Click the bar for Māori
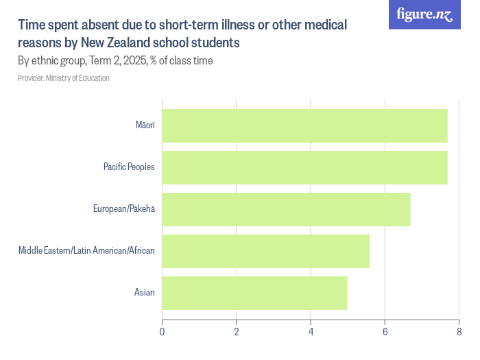pyautogui.click(x=304, y=125)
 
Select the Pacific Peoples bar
pyautogui.click(x=304, y=167)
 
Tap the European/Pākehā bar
pyautogui.click(x=286, y=209)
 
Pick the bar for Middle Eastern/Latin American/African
pyautogui.click(x=265, y=251)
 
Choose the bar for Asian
pyautogui.click(x=254, y=293)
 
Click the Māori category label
pyautogui.click(x=145, y=125)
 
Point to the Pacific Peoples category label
pyautogui.click(x=129, y=167)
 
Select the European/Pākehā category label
pyautogui.click(x=123, y=209)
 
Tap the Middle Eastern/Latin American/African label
pyautogui.click(x=86, y=251)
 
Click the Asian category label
pyautogui.click(x=144, y=293)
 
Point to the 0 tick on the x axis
pyautogui.click(x=162, y=332)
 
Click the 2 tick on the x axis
pyautogui.click(x=237, y=332)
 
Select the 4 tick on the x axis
pyautogui.click(x=311, y=332)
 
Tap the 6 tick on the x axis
pyautogui.click(x=385, y=332)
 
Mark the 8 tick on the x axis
pyautogui.click(x=459, y=332)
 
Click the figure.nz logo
pyautogui.click(x=424, y=15)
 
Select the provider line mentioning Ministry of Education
pyautogui.click(x=64, y=78)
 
